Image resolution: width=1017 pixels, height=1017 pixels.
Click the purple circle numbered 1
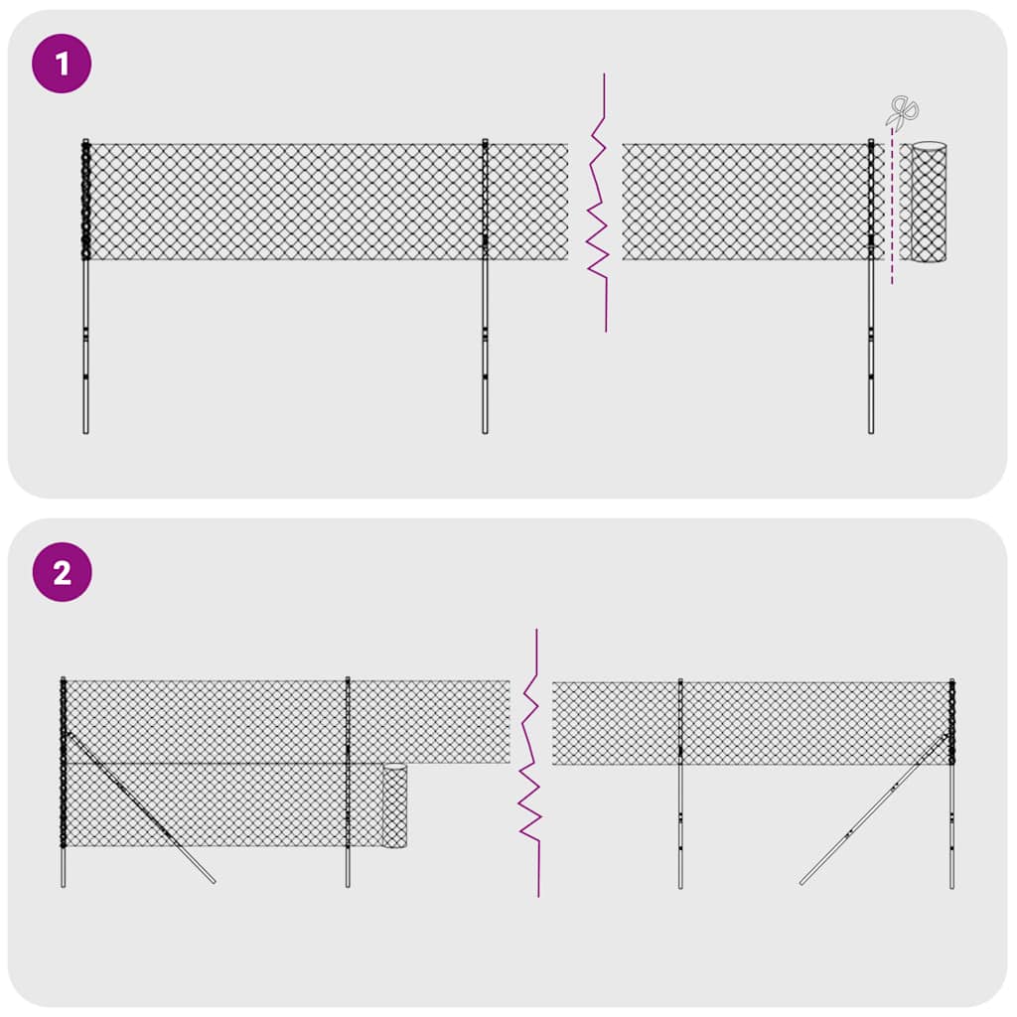[63, 65]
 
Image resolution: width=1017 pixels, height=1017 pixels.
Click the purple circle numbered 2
[63, 572]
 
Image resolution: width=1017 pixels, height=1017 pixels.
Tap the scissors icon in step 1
[903, 111]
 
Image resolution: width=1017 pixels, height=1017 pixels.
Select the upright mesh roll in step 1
[929, 203]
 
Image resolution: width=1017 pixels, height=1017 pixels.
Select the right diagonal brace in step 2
[874, 808]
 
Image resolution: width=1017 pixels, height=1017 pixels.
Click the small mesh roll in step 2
[395, 805]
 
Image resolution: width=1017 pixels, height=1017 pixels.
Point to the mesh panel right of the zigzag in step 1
[745, 202]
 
